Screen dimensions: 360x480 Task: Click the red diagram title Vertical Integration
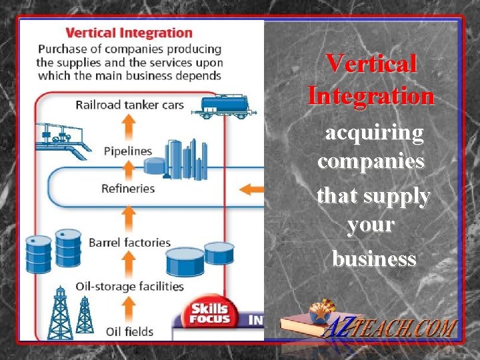[129, 33]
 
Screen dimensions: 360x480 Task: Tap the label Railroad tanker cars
[139, 105]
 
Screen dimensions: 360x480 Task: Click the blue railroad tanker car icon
[223, 105]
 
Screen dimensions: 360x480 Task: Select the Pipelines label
[128, 151]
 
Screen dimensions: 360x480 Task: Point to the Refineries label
[128, 189]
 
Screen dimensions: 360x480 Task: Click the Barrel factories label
[129, 243]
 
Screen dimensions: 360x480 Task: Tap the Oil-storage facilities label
[129, 286]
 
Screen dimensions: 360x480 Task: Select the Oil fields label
[129, 331]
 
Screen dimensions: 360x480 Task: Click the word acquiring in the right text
[373, 133]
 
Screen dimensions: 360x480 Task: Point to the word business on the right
[374, 259]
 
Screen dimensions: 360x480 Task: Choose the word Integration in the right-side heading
[371, 96]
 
